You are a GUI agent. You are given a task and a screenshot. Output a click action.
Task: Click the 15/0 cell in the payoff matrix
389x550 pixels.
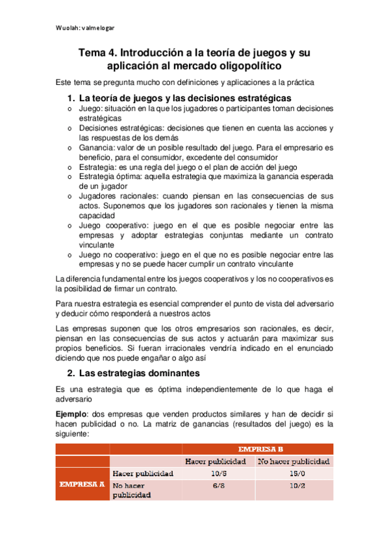tap(294, 473)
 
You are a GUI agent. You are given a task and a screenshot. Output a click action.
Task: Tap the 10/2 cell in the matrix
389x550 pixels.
tap(294, 485)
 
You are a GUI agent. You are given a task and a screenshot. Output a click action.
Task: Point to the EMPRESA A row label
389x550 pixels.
tap(82, 484)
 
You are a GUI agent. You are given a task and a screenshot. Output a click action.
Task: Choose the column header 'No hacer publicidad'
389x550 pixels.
tap(294, 461)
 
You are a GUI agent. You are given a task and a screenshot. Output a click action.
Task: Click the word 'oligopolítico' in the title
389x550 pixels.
tap(250, 66)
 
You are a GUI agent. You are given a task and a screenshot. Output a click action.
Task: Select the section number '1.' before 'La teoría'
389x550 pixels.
tap(71, 98)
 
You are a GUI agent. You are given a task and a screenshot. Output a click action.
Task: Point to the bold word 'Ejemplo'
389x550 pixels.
tap(71, 413)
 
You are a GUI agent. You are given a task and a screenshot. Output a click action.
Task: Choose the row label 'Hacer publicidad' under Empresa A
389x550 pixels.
tap(143, 473)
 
